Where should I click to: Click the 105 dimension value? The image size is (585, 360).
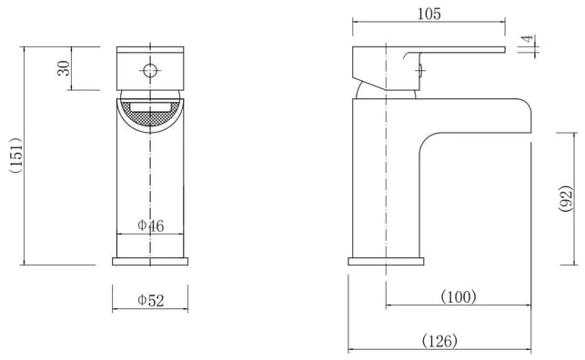(x=429, y=14)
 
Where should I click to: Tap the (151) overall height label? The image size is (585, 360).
(x=16, y=155)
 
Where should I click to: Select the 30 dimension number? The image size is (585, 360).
(x=64, y=68)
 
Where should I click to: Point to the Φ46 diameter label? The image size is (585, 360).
(x=151, y=225)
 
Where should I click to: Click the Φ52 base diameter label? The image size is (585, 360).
(x=151, y=300)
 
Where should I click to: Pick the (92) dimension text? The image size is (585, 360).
(x=565, y=198)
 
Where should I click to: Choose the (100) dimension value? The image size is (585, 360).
(x=459, y=297)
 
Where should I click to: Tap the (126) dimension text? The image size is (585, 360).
(x=439, y=341)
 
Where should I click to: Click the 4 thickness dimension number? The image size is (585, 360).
(x=527, y=39)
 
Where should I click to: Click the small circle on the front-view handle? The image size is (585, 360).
(x=150, y=70)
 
